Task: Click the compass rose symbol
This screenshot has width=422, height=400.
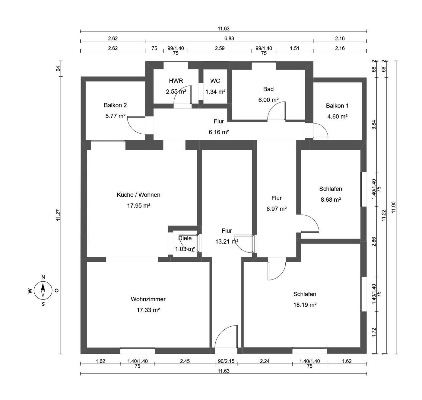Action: [43, 290]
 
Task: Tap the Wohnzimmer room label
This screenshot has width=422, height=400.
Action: [148, 299]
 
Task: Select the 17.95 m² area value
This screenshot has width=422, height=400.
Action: [138, 206]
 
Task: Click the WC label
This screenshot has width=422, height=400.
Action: [215, 81]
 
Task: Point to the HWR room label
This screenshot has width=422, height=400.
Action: [176, 81]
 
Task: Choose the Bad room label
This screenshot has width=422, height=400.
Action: [268, 89]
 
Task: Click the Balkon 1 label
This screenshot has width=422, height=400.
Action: [337, 106]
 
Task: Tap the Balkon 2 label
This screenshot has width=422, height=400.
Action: [115, 105]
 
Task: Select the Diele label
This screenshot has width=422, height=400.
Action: [185, 238]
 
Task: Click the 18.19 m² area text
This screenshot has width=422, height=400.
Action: [305, 305]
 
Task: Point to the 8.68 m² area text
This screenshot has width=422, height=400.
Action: [331, 200]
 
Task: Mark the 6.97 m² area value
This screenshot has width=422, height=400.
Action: [277, 209]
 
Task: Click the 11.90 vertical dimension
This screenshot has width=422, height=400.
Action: [393, 207]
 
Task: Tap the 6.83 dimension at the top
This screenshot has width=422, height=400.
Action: [229, 38]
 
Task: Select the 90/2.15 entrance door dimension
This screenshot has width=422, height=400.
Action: [226, 361]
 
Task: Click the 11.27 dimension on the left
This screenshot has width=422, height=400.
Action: [58, 215]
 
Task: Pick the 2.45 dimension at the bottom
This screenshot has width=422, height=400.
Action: [185, 361]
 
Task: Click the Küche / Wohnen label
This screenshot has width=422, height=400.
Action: [138, 195]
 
